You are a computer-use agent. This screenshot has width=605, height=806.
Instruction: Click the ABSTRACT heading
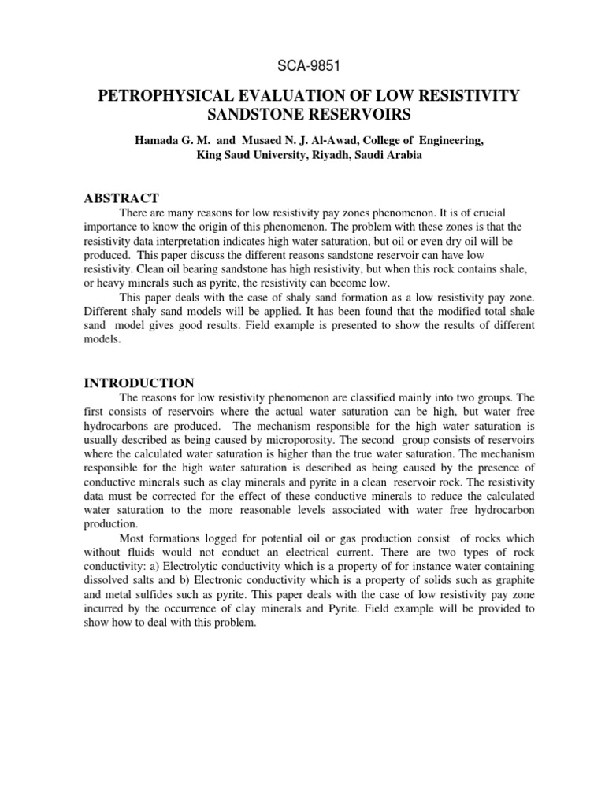pos(121,198)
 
